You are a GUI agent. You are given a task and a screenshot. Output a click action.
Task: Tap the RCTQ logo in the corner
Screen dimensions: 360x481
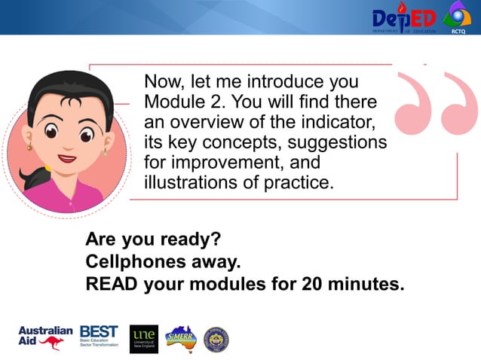(x=457, y=17)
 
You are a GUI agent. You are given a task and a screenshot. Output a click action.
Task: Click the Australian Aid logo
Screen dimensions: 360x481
(x=44, y=338)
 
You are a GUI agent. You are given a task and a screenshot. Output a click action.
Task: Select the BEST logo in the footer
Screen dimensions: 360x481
(x=99, y=336)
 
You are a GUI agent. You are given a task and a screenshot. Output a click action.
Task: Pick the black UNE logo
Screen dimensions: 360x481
(x=144, y=339)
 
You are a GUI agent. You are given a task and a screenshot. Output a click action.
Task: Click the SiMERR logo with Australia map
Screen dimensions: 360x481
(x=180, y=338)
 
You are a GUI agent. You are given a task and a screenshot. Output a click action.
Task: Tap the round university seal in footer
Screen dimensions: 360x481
(x=216, y=340)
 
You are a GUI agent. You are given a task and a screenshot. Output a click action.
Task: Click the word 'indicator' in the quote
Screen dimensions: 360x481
(x=336, y=121)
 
